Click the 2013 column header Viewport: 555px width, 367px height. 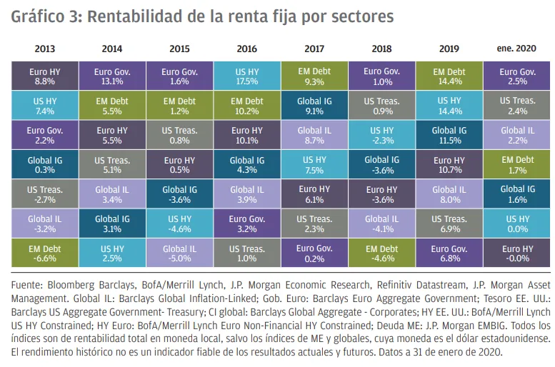44,49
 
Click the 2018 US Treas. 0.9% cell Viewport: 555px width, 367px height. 381,106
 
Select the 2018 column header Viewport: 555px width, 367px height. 381,49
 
